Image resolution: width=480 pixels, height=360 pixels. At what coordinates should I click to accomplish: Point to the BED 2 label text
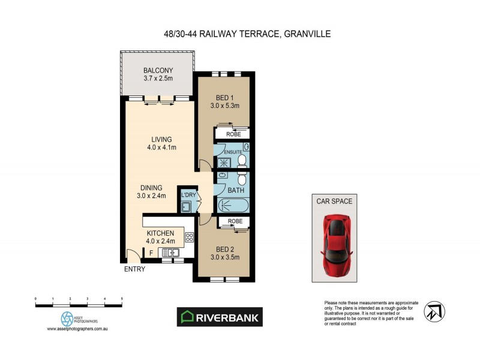coord(226,249)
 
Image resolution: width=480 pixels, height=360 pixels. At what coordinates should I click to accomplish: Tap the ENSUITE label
coord(232,152)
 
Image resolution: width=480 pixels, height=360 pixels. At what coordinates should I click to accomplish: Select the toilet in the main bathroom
coord(241,179)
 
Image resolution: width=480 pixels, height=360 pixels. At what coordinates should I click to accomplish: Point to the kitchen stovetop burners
coord(189,237)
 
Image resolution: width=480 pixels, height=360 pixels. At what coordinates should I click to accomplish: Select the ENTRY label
coord(134,269)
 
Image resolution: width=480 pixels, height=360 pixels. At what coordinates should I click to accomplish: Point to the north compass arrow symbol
coord(433,311)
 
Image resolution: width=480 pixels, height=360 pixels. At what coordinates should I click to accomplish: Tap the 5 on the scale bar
coord(122,298)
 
